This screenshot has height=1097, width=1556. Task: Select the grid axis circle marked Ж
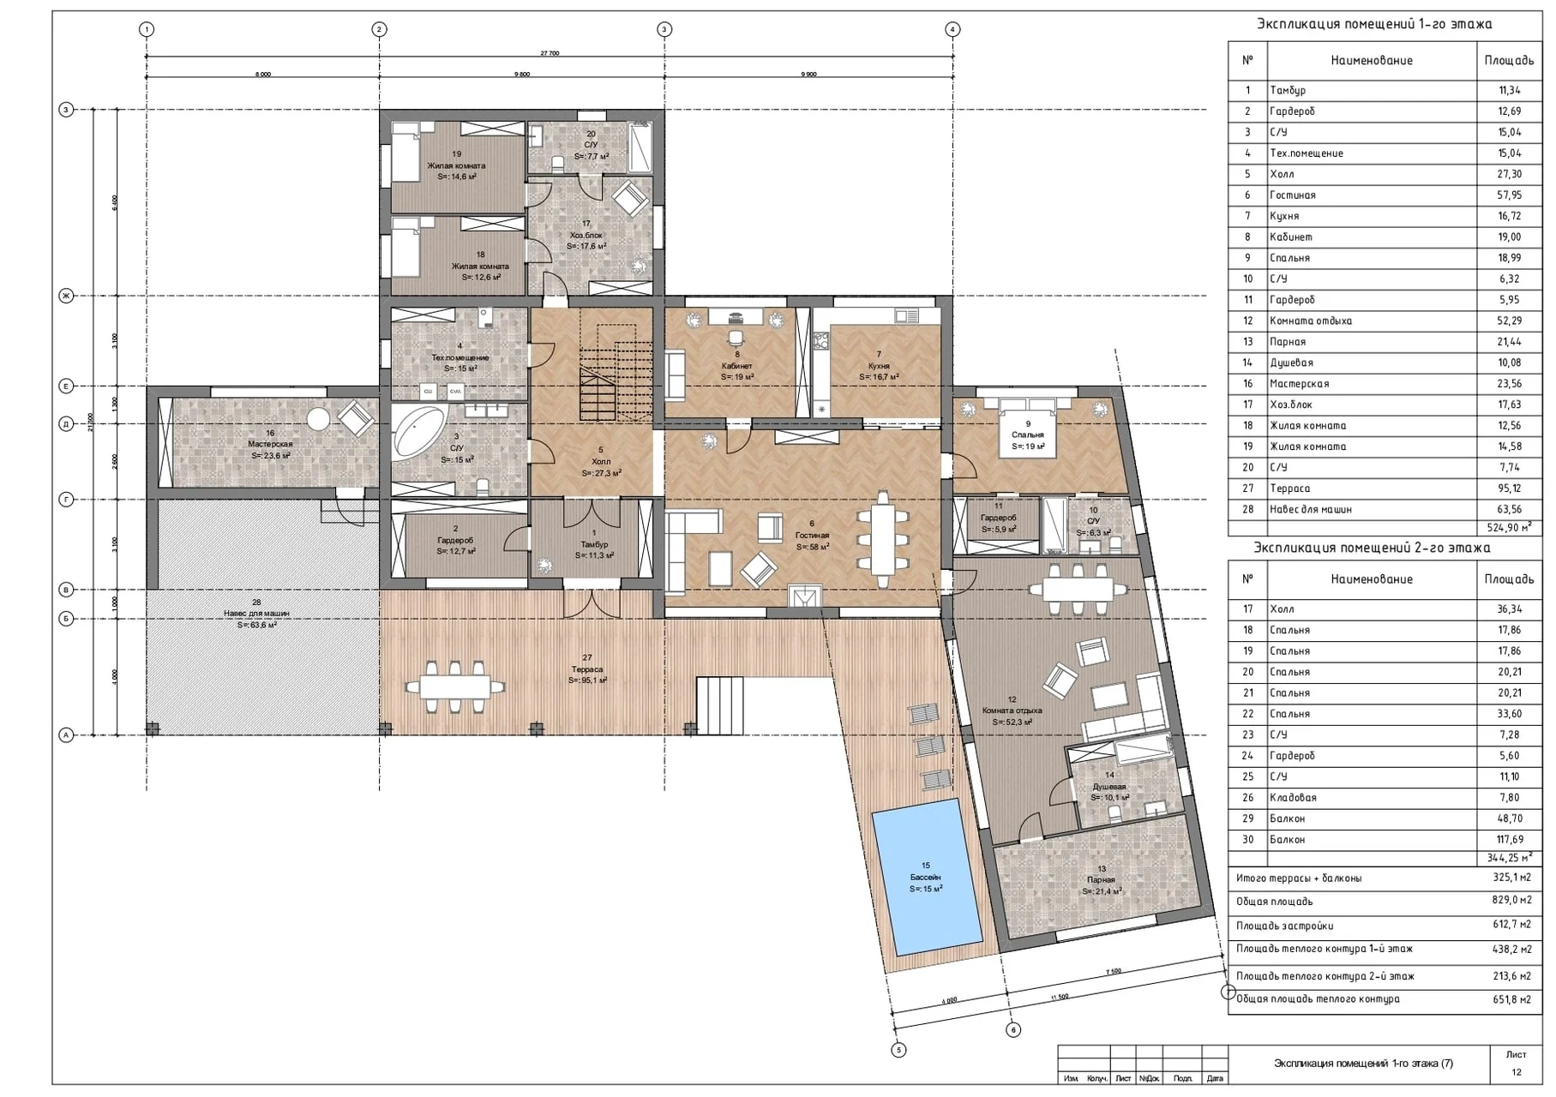(x=66, y=297)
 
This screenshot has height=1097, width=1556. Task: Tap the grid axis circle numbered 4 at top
(x=952, y=29)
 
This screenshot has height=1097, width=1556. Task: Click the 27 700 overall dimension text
(x=550, y=53)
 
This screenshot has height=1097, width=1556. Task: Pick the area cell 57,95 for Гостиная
(x=1509, y=195)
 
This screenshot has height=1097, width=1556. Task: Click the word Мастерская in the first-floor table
(x=1299, y=384)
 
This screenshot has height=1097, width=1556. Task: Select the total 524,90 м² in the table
(x=1506, y=528)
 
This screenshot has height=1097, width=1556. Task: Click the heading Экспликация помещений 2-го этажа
(x=1372, y=548)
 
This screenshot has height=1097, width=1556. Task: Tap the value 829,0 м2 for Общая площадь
(x=1511, y=901)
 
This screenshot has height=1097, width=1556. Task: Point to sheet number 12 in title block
(x=1516, y=1072)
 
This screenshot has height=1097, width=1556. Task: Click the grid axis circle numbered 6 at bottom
(x=1013, y=1030)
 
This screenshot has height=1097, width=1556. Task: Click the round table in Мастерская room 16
(x=319, y=419)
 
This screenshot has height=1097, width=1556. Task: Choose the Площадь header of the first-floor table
(x=1509, y=61)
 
